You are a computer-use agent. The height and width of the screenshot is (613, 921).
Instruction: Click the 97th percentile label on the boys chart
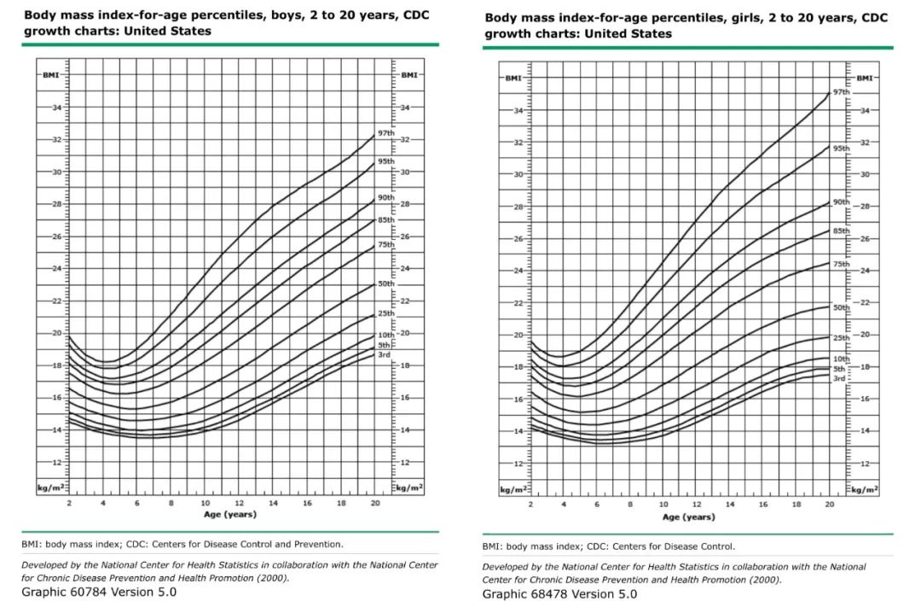[x=385, y=134]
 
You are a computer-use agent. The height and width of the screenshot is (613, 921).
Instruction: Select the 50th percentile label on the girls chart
[x=841, y=307]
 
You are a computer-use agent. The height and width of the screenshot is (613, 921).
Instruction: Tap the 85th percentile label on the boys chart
[x=385, y=220]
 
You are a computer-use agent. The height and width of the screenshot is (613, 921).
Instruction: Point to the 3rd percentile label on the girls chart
[x=839, y=378]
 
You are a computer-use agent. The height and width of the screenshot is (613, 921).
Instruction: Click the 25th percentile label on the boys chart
[x=385, y=313]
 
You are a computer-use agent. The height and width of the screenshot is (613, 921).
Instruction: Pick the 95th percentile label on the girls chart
[x=841, y=149]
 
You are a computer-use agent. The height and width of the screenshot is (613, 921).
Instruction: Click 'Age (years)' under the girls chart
[x=688, y=517]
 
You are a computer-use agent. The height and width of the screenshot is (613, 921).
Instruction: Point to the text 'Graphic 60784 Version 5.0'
[x=99, y=592]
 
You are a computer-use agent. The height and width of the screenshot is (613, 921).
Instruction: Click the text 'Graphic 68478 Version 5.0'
[x=559, y=594]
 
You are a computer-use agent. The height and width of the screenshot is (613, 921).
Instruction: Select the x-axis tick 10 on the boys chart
[x=206, y=504]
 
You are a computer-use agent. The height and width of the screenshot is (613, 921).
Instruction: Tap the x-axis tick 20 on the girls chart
[x=830, y=506]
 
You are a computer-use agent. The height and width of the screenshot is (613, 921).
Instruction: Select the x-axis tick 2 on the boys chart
[x=69, y=504]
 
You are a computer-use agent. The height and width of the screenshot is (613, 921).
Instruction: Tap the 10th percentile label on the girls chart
[x=841, y=359]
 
